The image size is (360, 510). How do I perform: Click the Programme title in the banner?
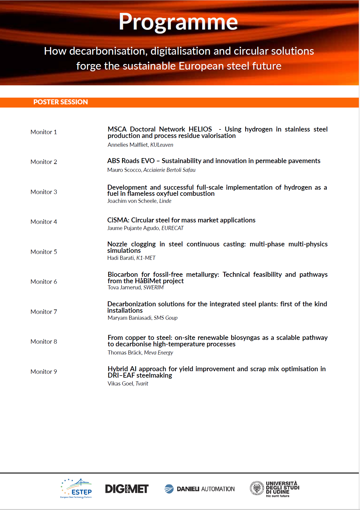pos(178,22)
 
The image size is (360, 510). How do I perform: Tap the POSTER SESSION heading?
pos(60,102)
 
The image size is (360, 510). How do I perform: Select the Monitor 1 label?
pos(44,132)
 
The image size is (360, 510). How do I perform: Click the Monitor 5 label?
pos(44,252)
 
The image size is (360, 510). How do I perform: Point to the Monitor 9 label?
pos(44,372)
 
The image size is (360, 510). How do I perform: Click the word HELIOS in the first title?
pos(200,129)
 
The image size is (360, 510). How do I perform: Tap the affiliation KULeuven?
pos(162,145)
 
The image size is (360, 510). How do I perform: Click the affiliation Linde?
pos(165,201)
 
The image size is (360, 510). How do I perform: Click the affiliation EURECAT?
pos(172,228)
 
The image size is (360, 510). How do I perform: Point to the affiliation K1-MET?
pos(146,258)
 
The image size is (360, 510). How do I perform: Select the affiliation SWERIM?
pos(153,288)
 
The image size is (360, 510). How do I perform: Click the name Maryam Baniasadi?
pos(129,318)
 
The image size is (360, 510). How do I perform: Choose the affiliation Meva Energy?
pos(158,353)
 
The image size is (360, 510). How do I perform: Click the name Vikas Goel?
pos(120,384)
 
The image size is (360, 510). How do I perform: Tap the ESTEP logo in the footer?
pos(77,488)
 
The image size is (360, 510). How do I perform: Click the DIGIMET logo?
pos(127,489)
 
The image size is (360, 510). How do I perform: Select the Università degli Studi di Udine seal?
pos(257,488)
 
